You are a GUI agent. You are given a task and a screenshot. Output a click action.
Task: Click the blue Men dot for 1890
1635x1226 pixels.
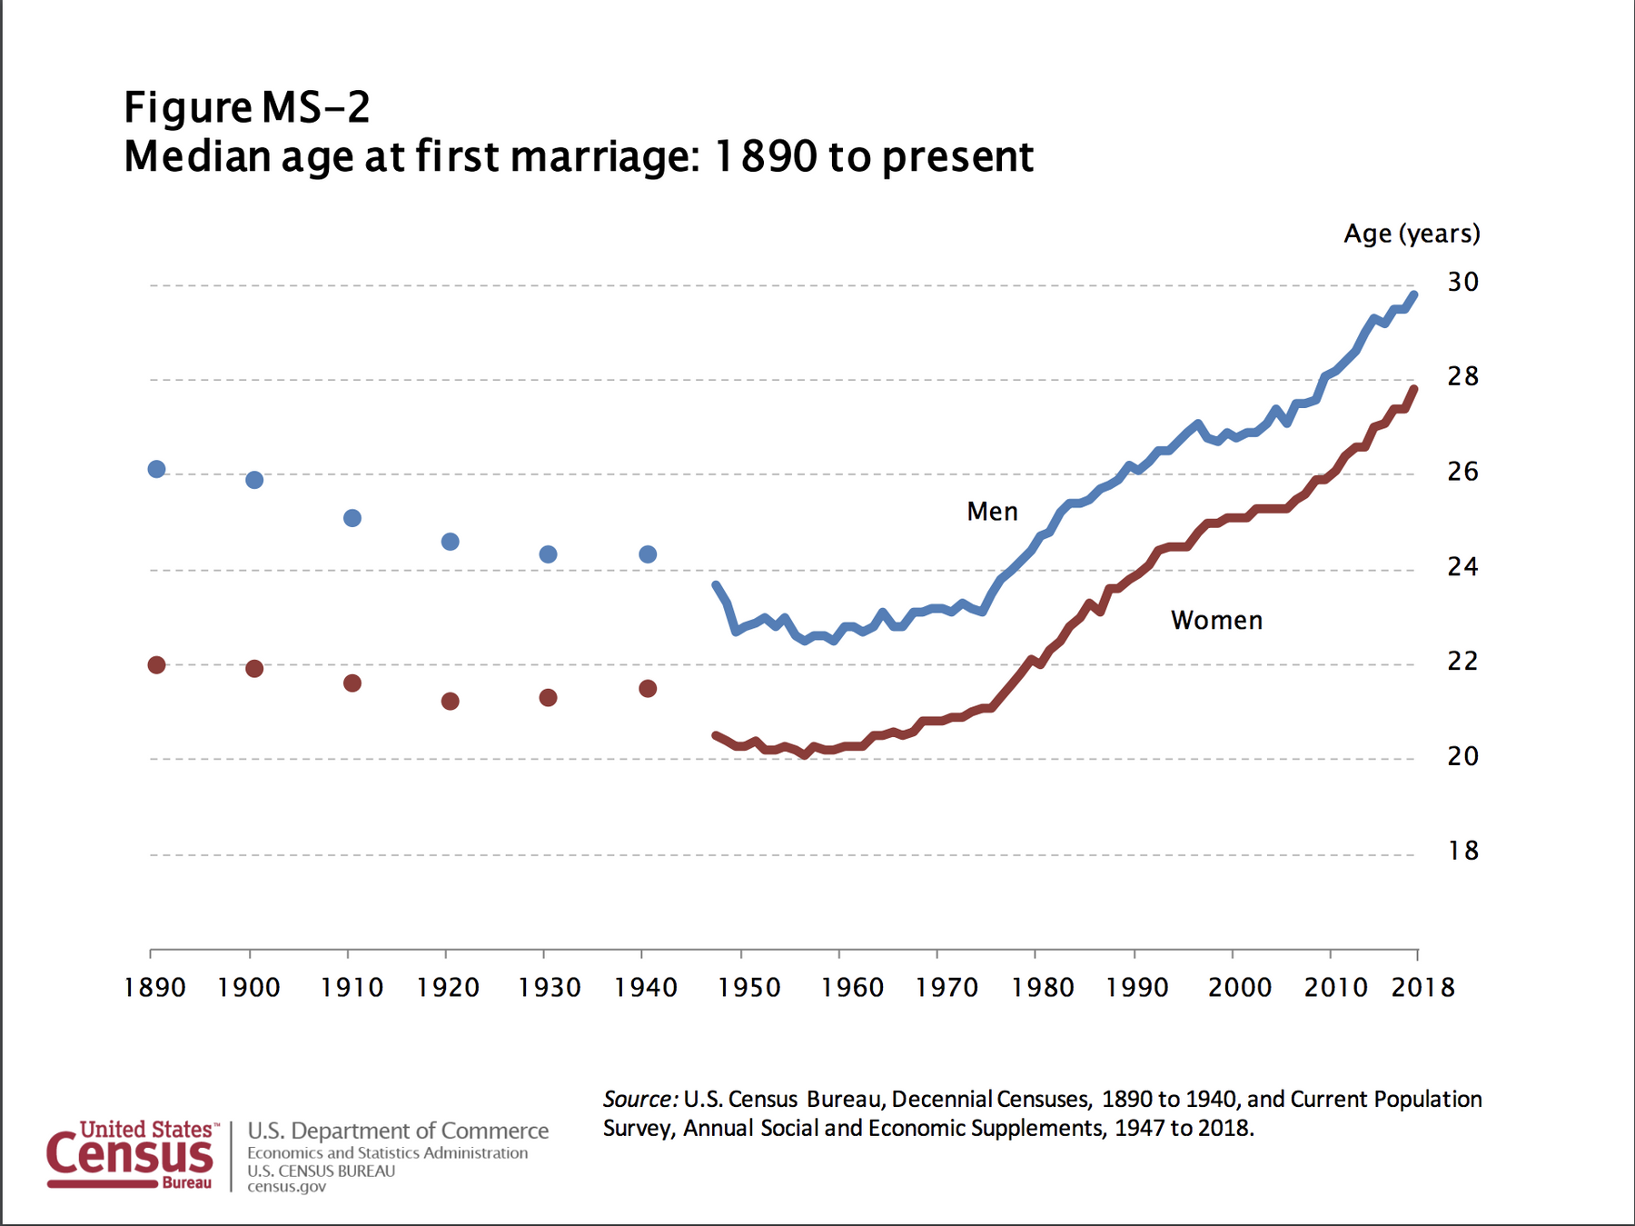click(156, 469)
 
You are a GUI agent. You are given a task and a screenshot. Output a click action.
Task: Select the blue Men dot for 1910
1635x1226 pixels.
click(352, 518)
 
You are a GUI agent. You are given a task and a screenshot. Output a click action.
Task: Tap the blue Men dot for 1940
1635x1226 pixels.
click(648, 554)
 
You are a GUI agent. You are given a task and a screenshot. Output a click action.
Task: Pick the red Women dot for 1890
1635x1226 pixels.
click(156, 665)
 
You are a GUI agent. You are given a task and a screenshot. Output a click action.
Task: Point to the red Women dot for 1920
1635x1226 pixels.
click(450, 702)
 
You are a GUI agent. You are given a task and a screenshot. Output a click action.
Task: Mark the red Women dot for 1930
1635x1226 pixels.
click(548, 698)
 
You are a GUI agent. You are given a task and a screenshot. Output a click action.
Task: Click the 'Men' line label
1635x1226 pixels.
click(992, 512)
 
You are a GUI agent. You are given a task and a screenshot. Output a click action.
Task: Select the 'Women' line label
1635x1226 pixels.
click(1216, 621)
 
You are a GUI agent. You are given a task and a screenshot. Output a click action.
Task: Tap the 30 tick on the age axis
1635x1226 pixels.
click(1462, 283)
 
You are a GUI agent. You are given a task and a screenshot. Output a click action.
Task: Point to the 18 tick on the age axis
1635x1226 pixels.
click(1462, 851)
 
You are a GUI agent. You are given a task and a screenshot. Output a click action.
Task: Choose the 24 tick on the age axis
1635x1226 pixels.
click(1462, 567)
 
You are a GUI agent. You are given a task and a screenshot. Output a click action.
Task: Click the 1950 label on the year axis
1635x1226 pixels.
click(748, 988)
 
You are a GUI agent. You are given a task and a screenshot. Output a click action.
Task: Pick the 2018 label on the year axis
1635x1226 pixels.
click(1422, 988)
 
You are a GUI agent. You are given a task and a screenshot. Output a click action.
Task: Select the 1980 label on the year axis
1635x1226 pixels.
click(1043, 988)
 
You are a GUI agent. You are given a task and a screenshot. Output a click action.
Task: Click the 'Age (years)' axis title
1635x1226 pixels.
click(1412, 234)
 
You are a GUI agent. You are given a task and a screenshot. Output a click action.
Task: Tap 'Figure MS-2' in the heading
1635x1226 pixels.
click(247, 108)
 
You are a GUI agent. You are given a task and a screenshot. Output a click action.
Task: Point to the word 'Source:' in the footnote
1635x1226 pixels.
click(639, 1100)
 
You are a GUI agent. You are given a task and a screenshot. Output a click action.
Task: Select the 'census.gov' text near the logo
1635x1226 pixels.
click(286, 1187)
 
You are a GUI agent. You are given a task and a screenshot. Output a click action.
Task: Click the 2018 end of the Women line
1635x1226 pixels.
click(1414, 390)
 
